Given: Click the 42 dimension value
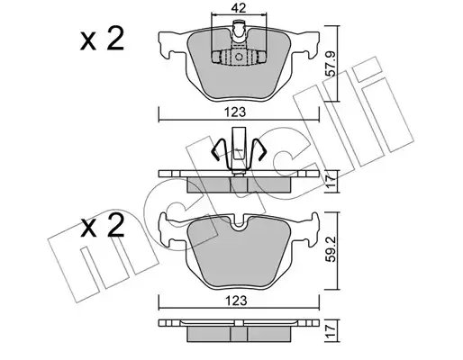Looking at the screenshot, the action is (239, 8).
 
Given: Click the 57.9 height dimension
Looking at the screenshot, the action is (331, 63).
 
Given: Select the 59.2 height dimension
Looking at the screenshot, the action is (331, 248).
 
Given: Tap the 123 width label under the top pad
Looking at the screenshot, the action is (236, 112).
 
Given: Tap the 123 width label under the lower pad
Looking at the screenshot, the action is (236, 301).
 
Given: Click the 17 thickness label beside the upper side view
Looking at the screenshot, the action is (331, 182).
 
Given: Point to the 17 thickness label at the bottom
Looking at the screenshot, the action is (331, 331).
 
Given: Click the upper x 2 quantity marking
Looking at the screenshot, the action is (102, 39).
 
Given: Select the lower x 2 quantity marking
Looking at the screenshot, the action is (102, 226).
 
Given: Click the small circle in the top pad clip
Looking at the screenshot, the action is (239, 57).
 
